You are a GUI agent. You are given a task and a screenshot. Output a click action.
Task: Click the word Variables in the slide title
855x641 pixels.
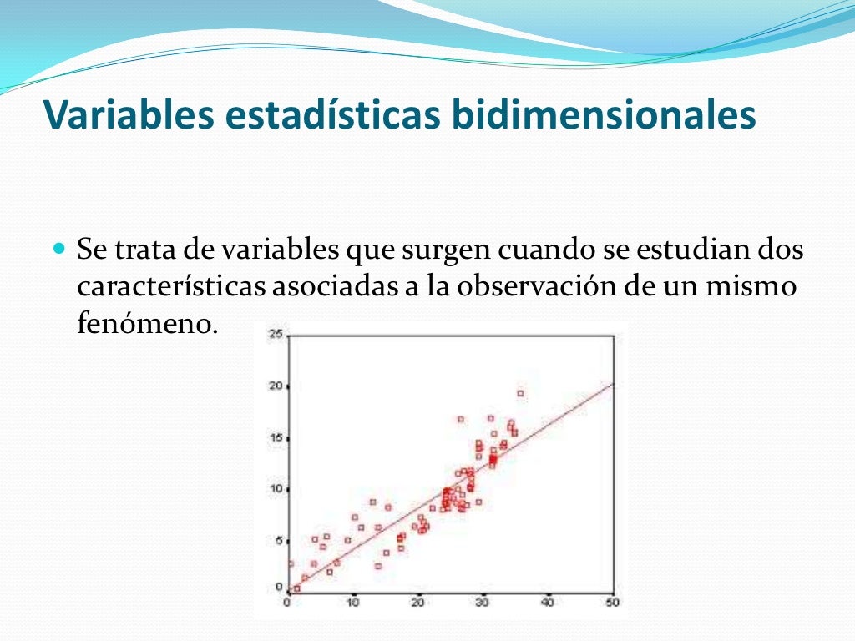tap(117, 115)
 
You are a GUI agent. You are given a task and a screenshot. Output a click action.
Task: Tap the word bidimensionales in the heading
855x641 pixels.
tap(604, 115)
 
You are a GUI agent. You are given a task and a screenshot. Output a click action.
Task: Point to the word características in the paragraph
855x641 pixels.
tap(169, 286)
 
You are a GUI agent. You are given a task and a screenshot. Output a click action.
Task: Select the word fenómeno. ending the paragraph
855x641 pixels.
tap(147, 324)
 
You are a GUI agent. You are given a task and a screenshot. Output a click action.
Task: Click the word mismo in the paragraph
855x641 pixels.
tap(754, 286)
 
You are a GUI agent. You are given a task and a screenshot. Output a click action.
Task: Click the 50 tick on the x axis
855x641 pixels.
tap(614, 602)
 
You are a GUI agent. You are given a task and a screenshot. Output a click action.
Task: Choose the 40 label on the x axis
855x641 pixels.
tap(549, 602)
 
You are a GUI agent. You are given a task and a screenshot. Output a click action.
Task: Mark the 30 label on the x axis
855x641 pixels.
tap(483, 602)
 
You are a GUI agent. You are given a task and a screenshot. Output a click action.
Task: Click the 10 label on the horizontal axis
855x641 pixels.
tap(353, 602)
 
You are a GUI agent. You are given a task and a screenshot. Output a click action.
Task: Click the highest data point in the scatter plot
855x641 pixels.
tap(520, 393)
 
